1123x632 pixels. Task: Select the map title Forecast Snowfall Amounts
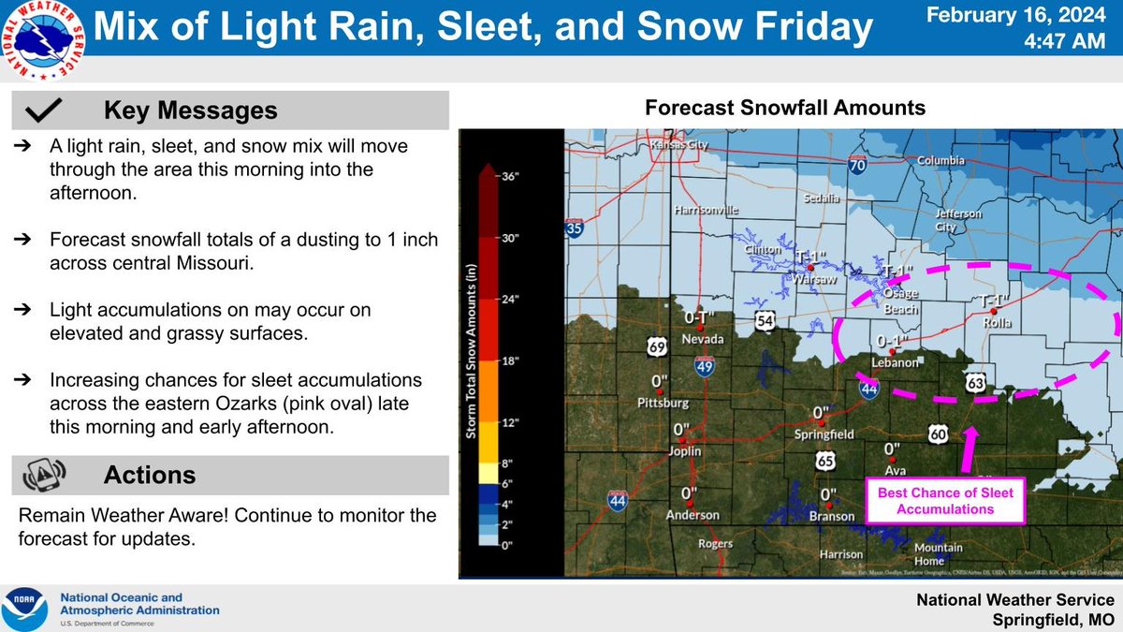coord(785,109)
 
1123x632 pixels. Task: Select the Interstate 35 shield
coord(575,228)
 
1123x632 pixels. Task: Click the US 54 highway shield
coord(766,322)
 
